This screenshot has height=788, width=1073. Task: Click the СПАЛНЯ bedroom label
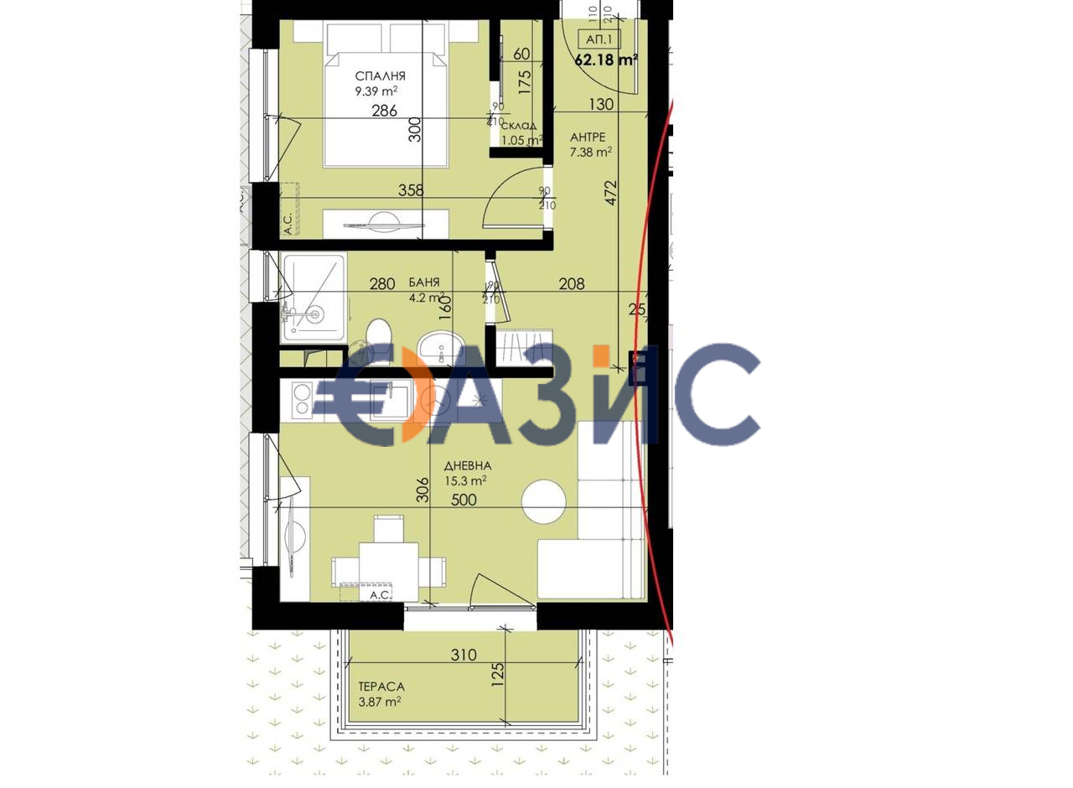click(379, 76)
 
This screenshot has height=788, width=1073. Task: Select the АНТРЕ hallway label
click(588, 137)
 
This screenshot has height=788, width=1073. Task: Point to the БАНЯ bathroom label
click(424, 283)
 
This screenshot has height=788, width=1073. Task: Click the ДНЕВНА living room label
click(468, 465)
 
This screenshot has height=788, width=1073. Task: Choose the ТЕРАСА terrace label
click(381, 687)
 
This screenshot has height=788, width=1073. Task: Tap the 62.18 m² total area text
click(606, 60)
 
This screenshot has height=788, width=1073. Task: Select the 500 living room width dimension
click(464, 500)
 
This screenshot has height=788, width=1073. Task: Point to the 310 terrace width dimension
click(464, 656)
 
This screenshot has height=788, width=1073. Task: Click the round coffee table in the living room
click(544, 502)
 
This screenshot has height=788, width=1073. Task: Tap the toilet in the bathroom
click(378, 334)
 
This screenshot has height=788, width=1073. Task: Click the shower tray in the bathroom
click(314, 297)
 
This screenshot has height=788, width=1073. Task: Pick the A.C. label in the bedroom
click(288, 223)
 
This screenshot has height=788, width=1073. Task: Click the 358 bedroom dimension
click(411, 190)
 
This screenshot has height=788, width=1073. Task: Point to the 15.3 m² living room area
click(466, 481)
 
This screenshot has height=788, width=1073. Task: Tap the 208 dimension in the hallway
click(572, 284)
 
